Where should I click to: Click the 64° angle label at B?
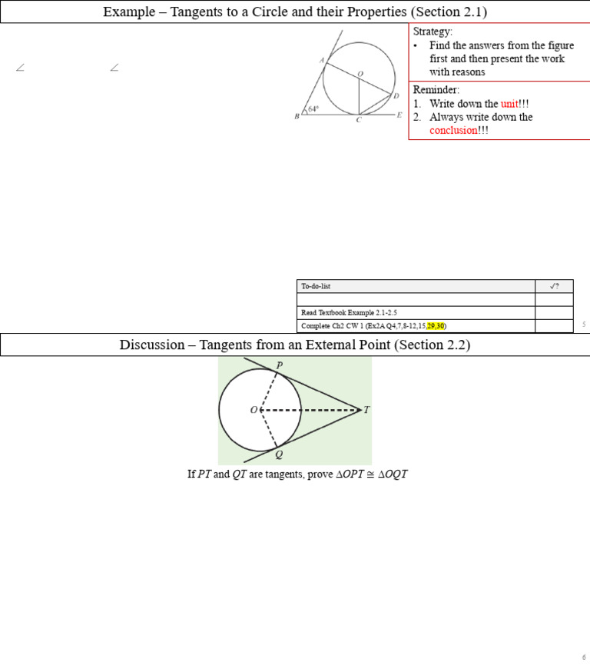313,110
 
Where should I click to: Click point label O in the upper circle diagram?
360,73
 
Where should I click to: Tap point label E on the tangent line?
399,115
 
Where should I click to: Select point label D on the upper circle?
396,96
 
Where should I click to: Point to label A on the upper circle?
321,60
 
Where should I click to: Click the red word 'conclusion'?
453,130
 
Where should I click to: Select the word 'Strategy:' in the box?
433,32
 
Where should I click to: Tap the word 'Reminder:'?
436,90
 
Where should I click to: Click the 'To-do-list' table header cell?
316,286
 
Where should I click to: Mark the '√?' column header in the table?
554,286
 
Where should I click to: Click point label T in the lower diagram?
366,410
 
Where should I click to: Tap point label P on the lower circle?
279,365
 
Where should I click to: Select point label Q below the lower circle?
278,454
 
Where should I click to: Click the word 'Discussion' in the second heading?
154,345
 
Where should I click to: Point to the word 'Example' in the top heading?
128,12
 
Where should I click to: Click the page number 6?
584,658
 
